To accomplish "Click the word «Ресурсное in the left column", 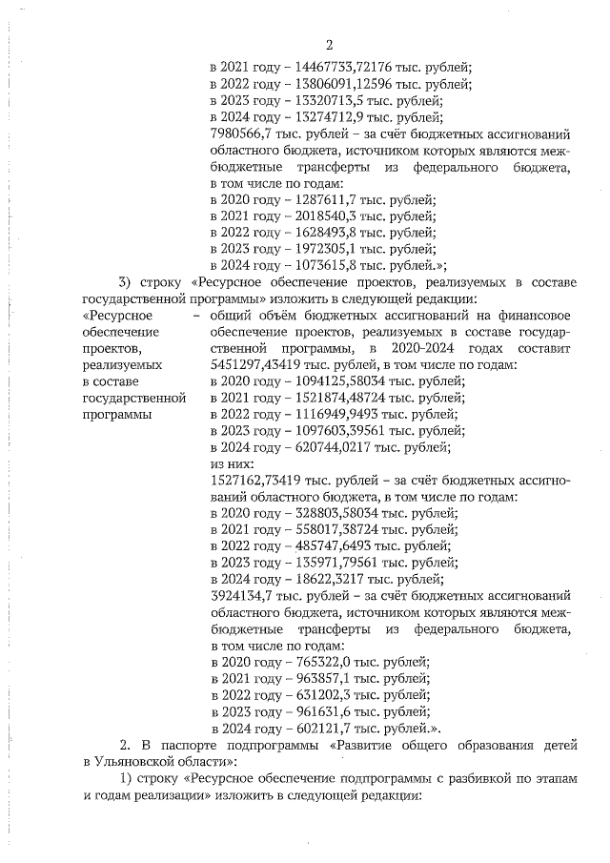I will tap(117, 315).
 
